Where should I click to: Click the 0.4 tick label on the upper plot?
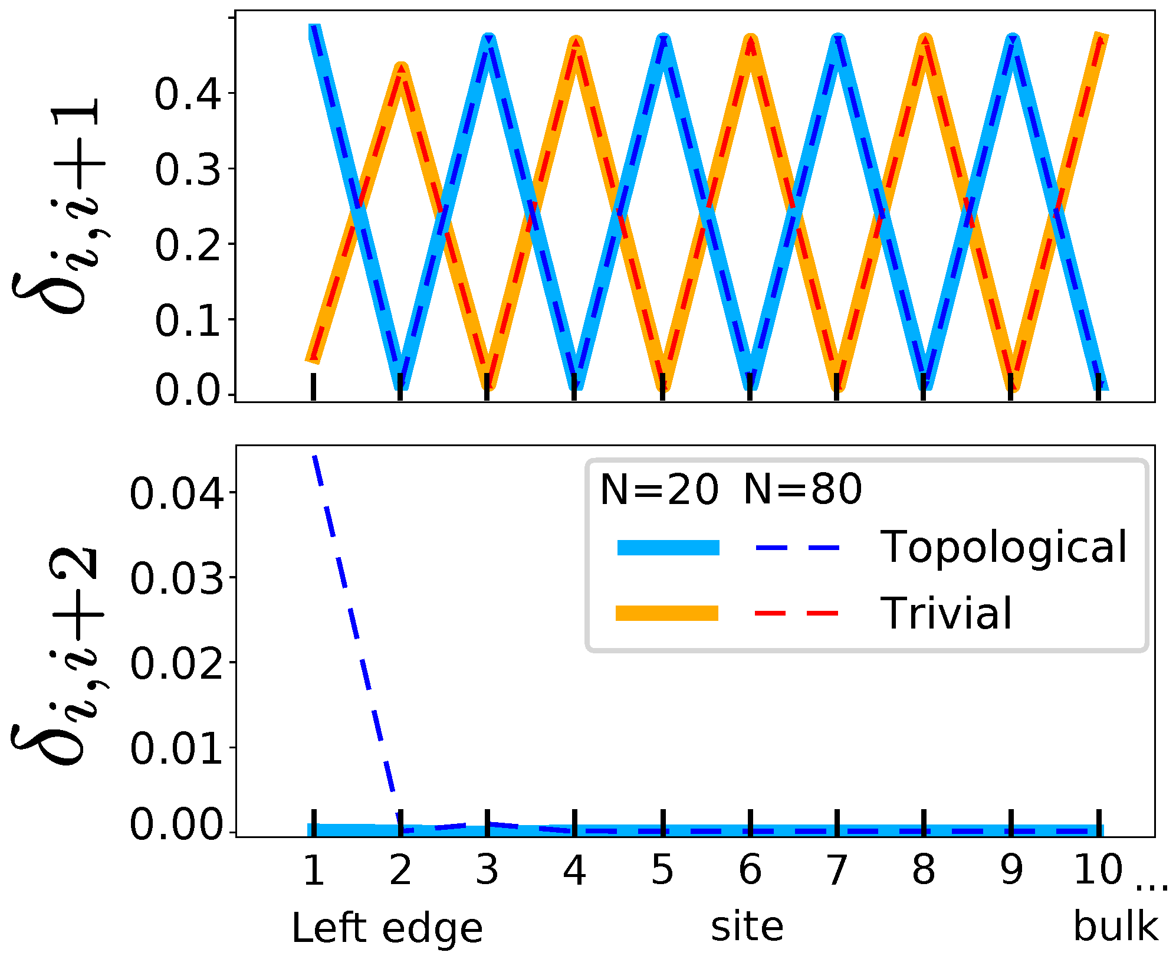(x=188, y=94)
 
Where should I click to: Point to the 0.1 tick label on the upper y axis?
(x=188, y=322)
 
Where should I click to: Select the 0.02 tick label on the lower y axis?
(x=176, y=663)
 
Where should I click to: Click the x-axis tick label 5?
(x=662, y=870)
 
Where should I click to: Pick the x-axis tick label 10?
(x=1098, y=870)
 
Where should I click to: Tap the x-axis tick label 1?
(x=313, y=870)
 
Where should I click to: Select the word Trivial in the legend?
(x=946, y=613)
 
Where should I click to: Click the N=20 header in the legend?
(x=659, y=489)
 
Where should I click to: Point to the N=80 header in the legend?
(x=803, y=489)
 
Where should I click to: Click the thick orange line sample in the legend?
(x=667, y=613)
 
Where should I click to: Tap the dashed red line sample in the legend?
(x=797, y=613)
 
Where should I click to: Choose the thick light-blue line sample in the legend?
(x=668, y=547)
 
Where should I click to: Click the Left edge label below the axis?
(x=387, y=928)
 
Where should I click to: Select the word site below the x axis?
(x=747, y=926)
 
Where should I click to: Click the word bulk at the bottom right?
(x=1115, y=926)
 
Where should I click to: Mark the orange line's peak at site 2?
(x=401, y=70)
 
